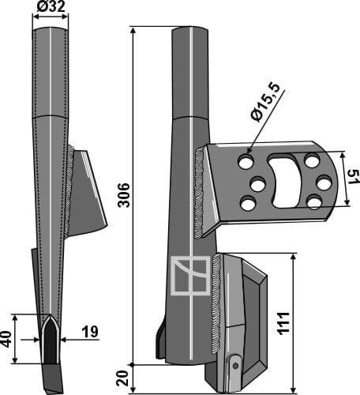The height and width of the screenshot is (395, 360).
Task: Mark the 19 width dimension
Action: (x=89, y=333)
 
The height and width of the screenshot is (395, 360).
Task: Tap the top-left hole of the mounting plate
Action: (x=246, y=162)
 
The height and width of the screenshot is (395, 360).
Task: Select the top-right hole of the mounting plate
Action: (x=313, y=161)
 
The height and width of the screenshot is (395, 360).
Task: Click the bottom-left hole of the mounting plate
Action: (x=248, y=205)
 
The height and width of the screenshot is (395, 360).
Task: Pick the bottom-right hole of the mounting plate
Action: (x=313, y=202)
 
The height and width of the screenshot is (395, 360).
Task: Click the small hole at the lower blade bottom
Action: (x=233, y=364)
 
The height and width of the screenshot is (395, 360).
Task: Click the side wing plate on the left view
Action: (x=88, y=194)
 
